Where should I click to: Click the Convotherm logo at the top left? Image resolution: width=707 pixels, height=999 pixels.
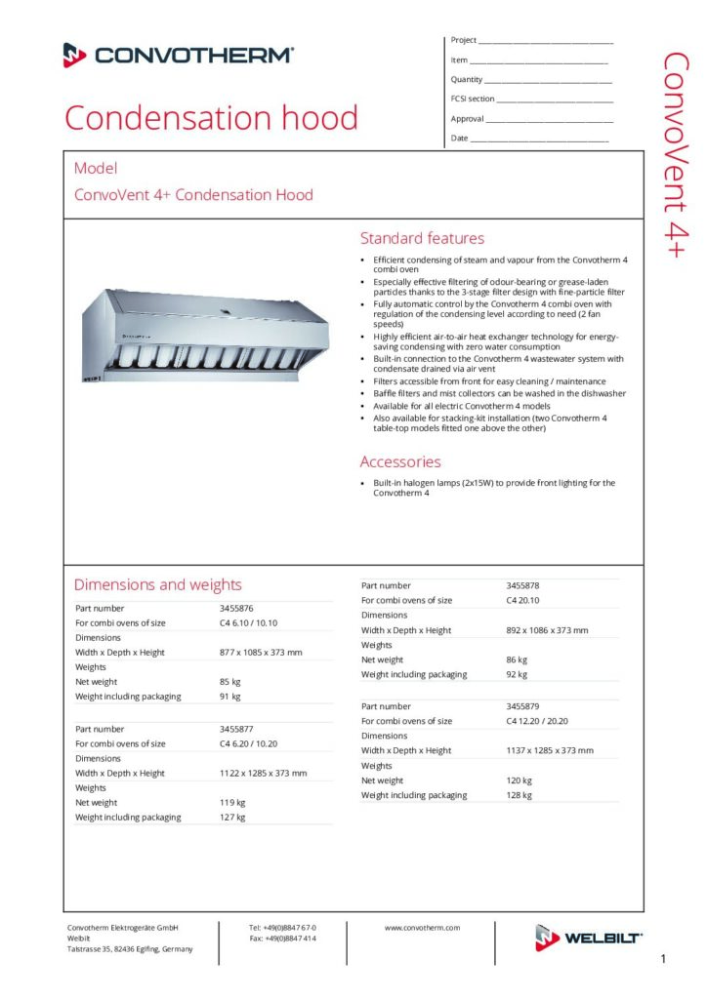tap(178, 55)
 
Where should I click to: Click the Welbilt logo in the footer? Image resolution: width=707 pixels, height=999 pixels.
tap(588, 938)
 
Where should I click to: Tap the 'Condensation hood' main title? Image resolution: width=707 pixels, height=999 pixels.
tap(211, 118)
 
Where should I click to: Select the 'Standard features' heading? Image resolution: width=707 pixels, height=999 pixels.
tap(422, 238)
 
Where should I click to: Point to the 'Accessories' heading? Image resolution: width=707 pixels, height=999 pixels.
tap(400, 461)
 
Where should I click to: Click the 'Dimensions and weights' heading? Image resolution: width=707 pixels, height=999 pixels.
tap(158, 584)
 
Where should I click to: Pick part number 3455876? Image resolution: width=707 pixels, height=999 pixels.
tap(236, 608)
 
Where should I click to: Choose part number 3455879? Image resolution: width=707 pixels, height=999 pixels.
tap(522, 705)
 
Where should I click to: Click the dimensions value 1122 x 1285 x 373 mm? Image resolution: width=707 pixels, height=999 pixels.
tap(263, 773)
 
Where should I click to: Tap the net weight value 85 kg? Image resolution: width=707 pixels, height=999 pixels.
tap(230, 681)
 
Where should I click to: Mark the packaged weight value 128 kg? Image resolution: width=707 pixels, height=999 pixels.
tap(519, 795)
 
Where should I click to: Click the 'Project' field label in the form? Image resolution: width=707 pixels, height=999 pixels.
tap(463, 40)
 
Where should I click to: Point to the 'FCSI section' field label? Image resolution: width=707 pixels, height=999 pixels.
tap(473, 99)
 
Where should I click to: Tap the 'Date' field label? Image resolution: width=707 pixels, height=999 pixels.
tap(459, 139)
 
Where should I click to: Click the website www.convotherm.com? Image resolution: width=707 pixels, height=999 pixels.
tap(422, 928)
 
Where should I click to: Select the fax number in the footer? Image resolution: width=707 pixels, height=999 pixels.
tap(282, 939)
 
